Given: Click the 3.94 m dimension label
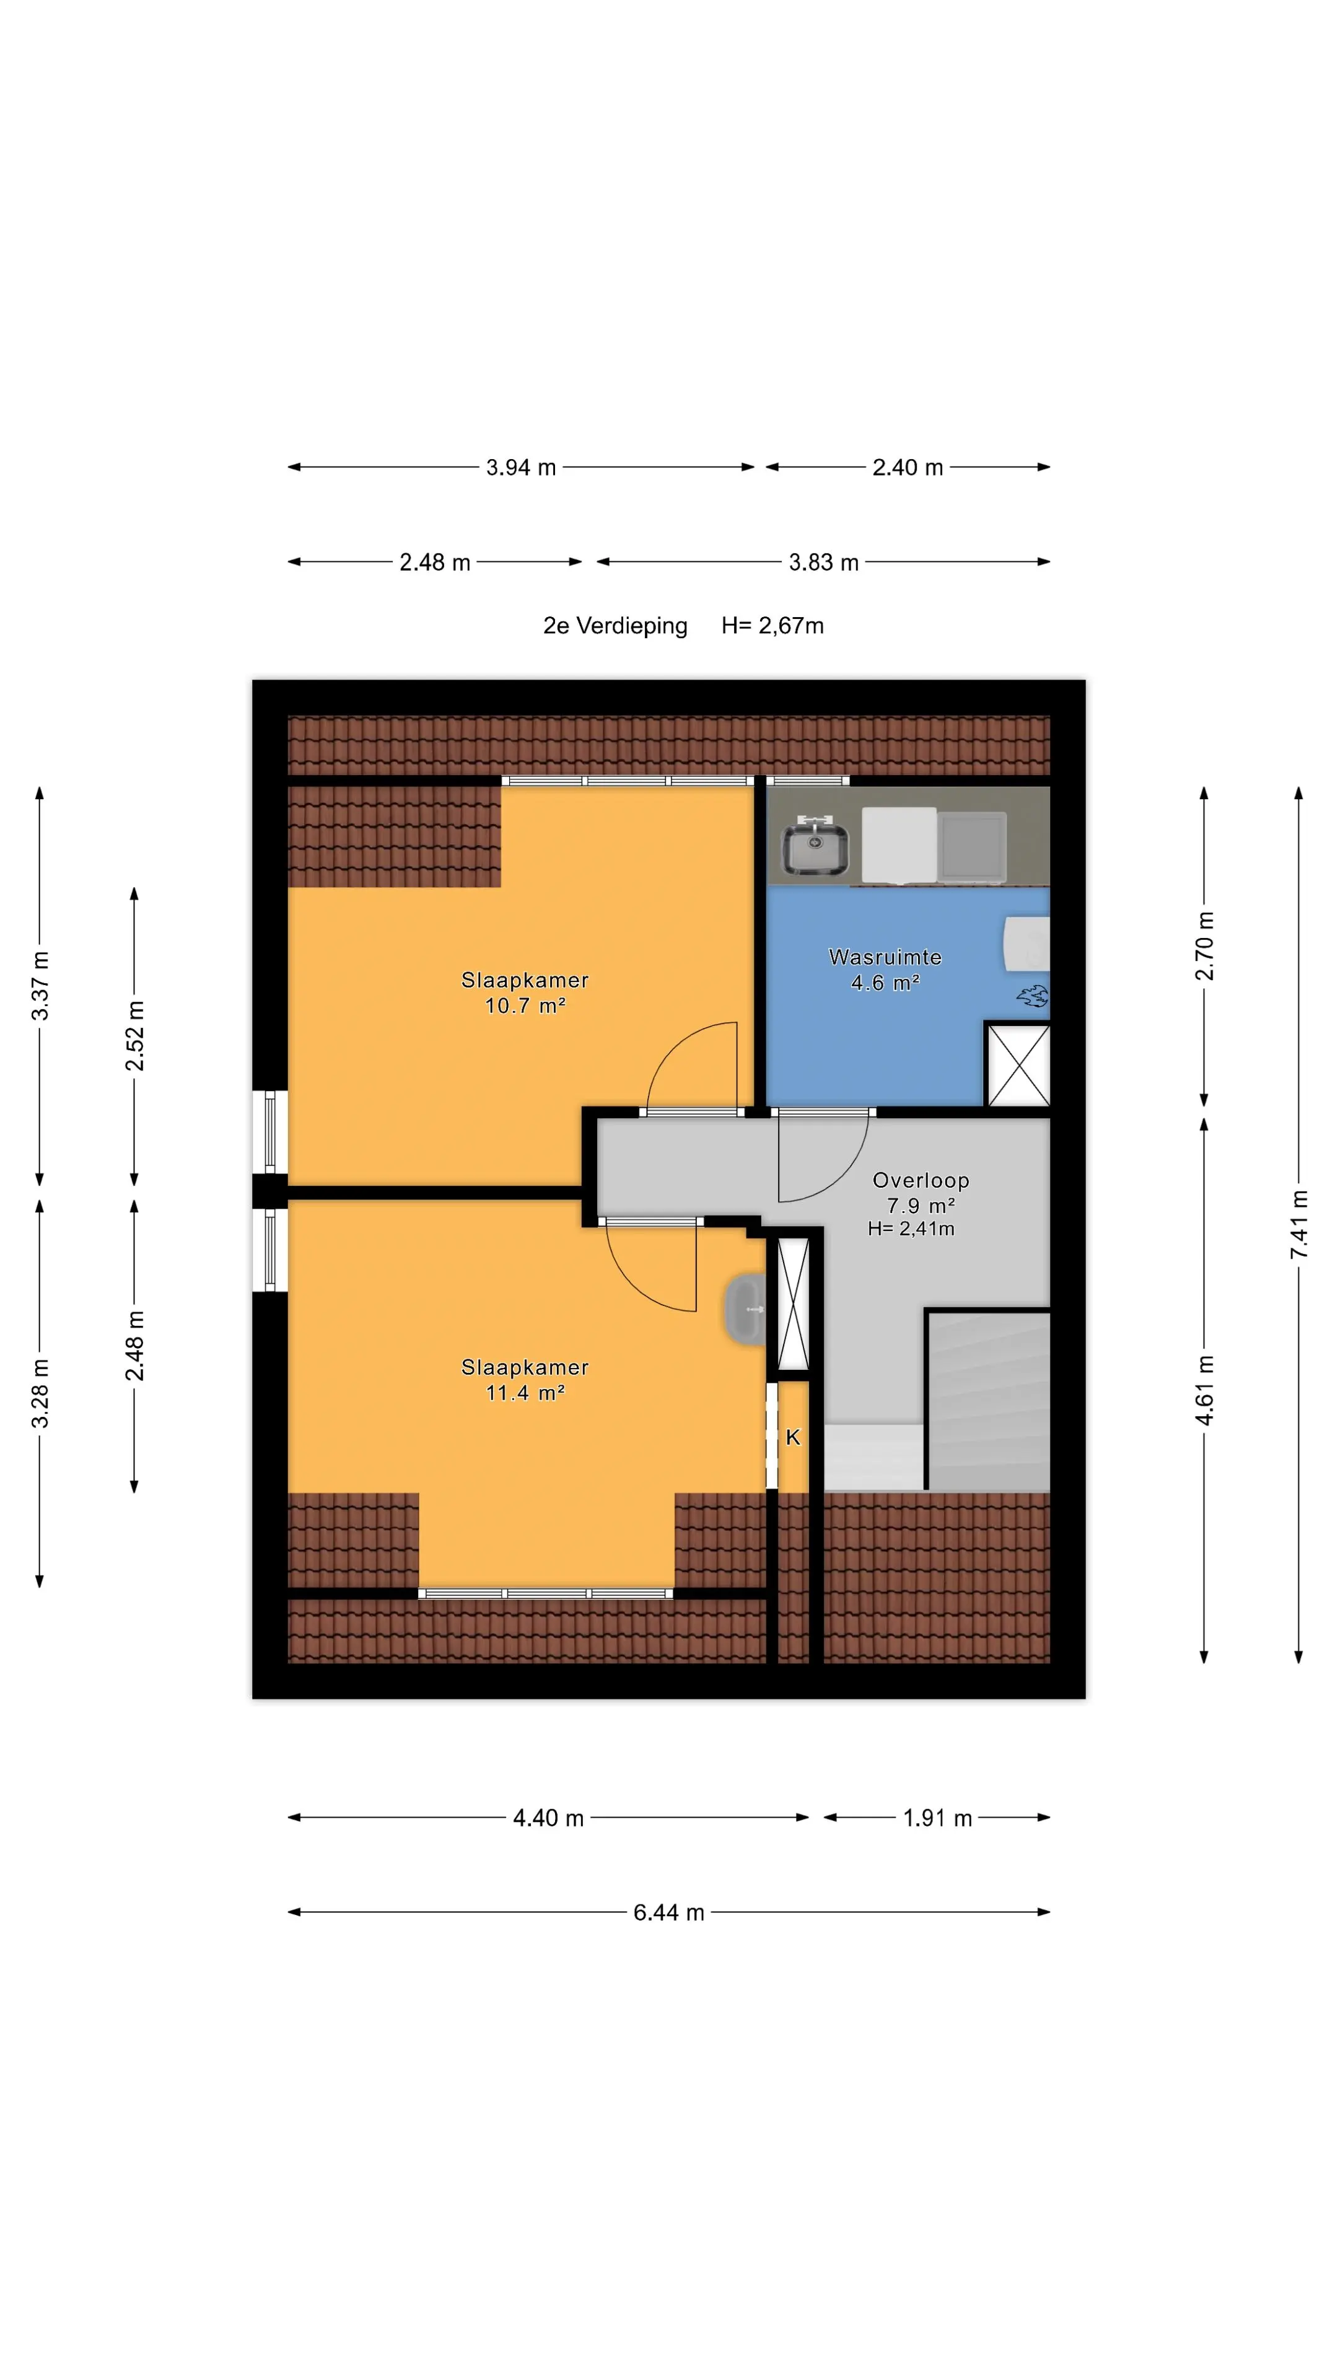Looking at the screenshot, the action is [x=521, y=467].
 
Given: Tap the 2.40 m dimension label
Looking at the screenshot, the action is [x=907, y=467].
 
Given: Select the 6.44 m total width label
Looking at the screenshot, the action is [x=668, y=1912].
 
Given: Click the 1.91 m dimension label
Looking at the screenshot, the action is [x=937, y=1818].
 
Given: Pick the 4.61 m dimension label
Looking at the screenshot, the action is [x=1204, y=1390].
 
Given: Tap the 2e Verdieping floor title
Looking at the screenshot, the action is [x=615, y=626].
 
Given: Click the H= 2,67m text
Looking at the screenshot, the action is [x=773, y=626].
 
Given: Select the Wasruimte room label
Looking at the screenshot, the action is [x=885, y=957].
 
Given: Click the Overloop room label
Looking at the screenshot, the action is [x=920, y=1180].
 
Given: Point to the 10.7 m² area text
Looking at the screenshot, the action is [x=525, y=1005].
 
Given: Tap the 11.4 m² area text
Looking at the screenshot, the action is [x=525, y=1393].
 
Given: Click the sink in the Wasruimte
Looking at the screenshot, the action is [x=815, y=847].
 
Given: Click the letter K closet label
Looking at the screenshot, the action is [x=793, y=1437].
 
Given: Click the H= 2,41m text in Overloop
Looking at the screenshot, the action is [x=911, y=1229].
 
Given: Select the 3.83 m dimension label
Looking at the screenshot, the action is [x=824, y=563].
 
